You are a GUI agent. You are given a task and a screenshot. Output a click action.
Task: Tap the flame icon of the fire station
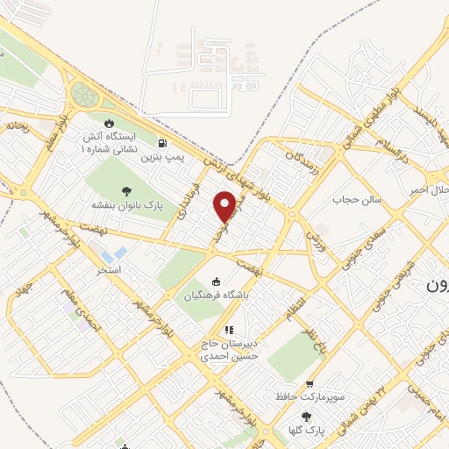tap(110, 123)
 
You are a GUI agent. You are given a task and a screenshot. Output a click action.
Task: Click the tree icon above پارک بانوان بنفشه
tap(127, 190)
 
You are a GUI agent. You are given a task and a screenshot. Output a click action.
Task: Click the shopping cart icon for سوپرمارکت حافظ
tap(310, 384)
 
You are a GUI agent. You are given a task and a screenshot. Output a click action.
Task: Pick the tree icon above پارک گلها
tap(305, 417)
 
